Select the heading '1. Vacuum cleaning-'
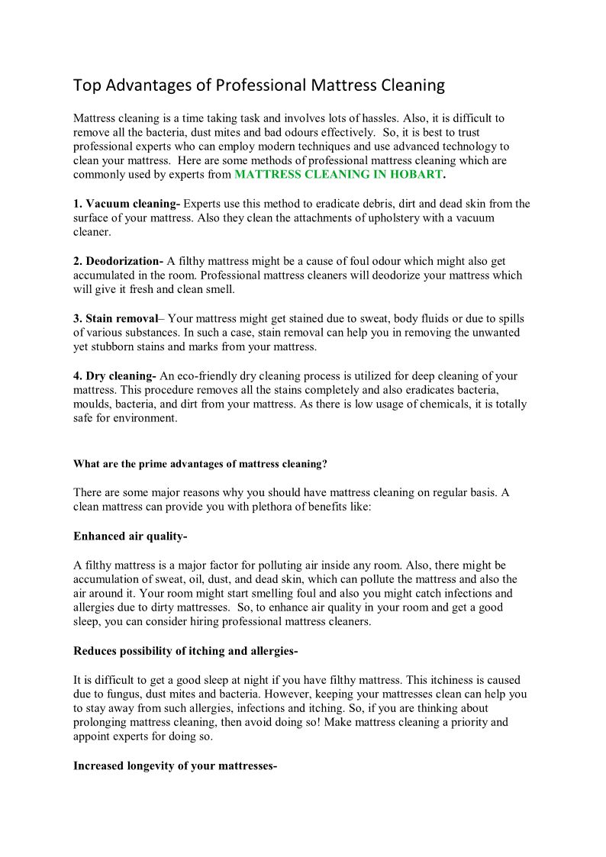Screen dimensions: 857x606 pyautogui.click(x=127, y=204)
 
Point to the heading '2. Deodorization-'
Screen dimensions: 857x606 pyautogui.click(x=118, y=261)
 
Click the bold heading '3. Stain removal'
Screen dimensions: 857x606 pyautogui.click(x=114, y=318)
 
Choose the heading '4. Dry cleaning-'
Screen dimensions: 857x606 pyautogui.click(x=114, y=375)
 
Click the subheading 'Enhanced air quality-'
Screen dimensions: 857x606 pyautogui.click(x=130, y=536)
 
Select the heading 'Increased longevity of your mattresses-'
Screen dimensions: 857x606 pyautogui.click(x=175, y=765)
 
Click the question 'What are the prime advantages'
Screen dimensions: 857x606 pyautogui.click(x=200, y=463)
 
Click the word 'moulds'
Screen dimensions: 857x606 pyautogui.click(x=92, y=404)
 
